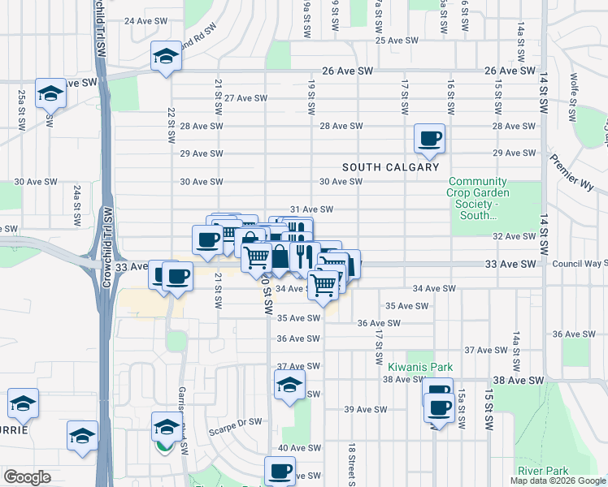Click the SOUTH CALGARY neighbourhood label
click(390, 167)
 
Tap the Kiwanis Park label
click(419, 367)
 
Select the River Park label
click(544, 471)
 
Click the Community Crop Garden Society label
click(479, 198)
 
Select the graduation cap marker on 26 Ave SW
click(166, 57)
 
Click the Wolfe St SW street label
click(574, 90)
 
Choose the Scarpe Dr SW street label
click(236, 422)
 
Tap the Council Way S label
click(579, 264)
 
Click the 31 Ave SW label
click(312, 209)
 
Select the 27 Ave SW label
click(246, 98)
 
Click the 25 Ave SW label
click(396, 40)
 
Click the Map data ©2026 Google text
click(558, 481)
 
